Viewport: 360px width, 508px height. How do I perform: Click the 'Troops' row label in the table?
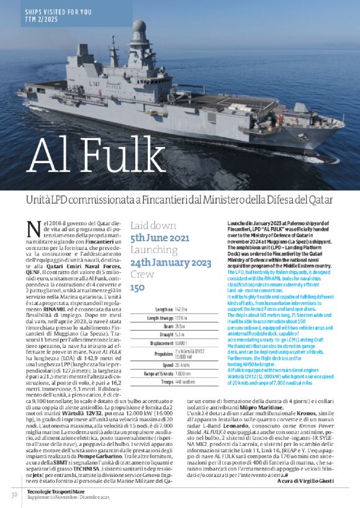tap(162, 381)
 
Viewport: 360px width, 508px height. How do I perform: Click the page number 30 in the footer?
tap(14, 494)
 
